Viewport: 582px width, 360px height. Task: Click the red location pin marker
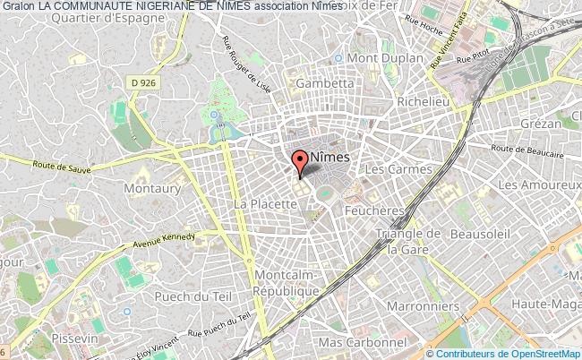click(300, 162)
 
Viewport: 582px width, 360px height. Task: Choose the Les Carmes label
click(398, 168)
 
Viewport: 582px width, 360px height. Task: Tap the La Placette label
click(265, 204)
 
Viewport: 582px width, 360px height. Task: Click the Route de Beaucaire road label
click(525, 150)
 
